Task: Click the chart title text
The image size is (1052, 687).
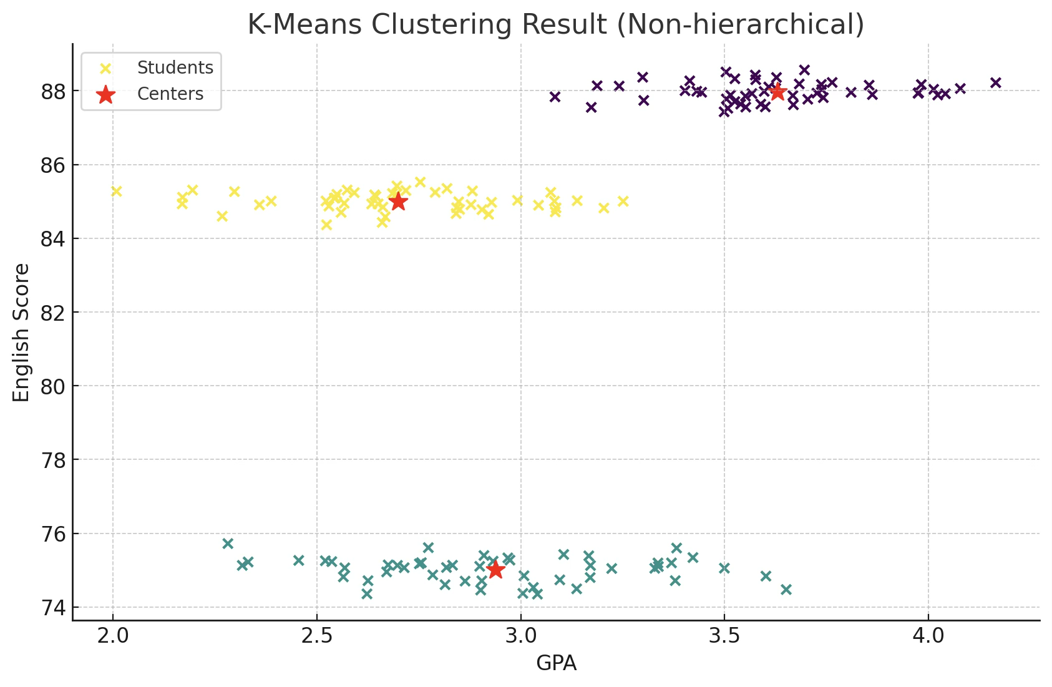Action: click(x=556, y=25)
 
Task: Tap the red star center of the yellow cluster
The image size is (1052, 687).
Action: click(x=397, y=202)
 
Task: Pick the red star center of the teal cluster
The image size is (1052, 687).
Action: click(x=495, y=570)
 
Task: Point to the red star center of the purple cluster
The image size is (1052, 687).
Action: click(x=777, y=92)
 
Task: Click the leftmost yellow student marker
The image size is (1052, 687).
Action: click(x=116, y=191)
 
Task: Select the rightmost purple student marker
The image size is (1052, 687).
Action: click(x=995, y=82)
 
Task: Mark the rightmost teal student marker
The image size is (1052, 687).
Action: click(x=786, y=589)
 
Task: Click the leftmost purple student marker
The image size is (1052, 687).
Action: click(x=555, y=97)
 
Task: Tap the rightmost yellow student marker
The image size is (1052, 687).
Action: click(x=623, y=201)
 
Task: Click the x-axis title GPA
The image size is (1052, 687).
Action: click(x=556, y=664)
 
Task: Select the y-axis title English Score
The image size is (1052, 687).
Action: click(x=22, y=332)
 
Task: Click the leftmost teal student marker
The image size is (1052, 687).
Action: click(x=228, y=543)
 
